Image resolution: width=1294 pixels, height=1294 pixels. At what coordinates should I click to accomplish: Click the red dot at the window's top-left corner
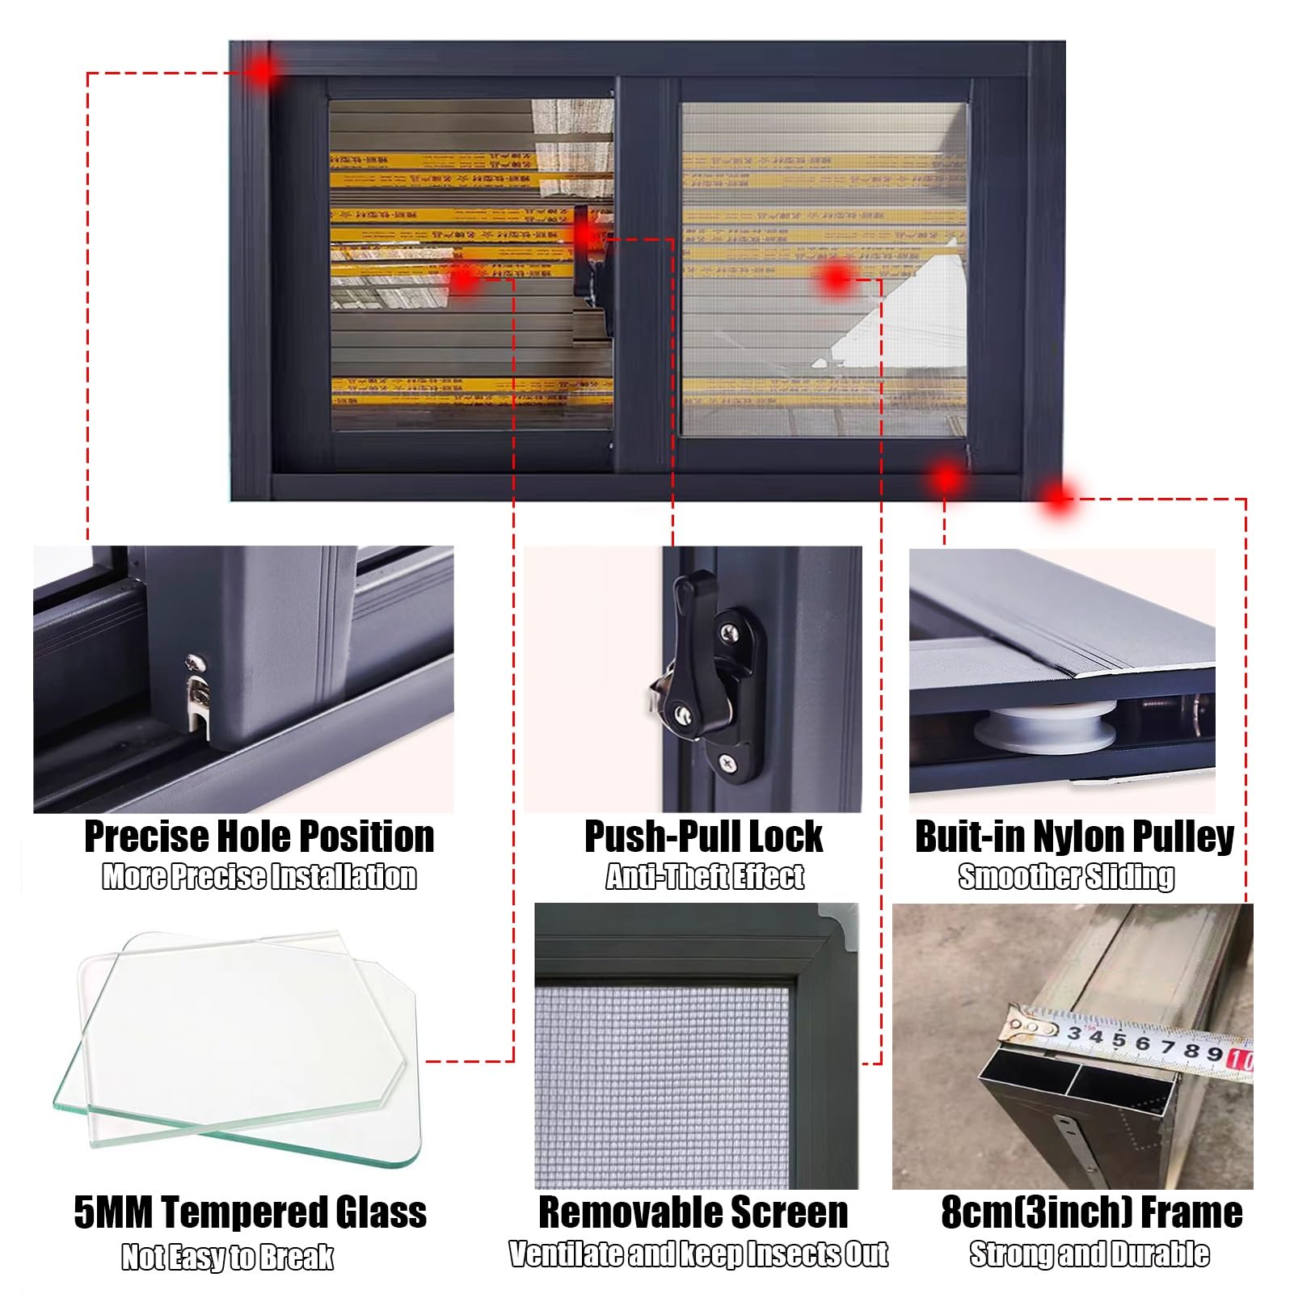point(262,73)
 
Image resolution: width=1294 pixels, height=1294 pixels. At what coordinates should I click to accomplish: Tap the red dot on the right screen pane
point(836,280)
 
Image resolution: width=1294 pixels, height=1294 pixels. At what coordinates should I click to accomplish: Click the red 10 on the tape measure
point(1240,1058)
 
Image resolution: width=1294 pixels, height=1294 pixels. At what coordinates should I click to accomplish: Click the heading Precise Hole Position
point(259,837)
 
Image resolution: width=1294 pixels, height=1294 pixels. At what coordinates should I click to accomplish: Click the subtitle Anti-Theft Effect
point(704,877)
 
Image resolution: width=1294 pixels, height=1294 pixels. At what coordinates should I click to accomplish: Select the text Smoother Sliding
point(1066,877)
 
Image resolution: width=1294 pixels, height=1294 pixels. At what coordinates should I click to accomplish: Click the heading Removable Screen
point(693,1212)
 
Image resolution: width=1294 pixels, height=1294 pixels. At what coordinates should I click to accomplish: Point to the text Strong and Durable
point(1089,1254)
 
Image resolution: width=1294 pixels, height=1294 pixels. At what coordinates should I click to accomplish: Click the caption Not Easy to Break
point(227,1257)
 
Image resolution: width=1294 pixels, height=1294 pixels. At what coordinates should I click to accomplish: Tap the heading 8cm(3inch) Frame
point(1091,1212)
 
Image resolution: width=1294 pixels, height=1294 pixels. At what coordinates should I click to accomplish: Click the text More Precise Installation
point(259,877)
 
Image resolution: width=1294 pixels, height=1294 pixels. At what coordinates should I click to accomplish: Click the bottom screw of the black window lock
point(727,760)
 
